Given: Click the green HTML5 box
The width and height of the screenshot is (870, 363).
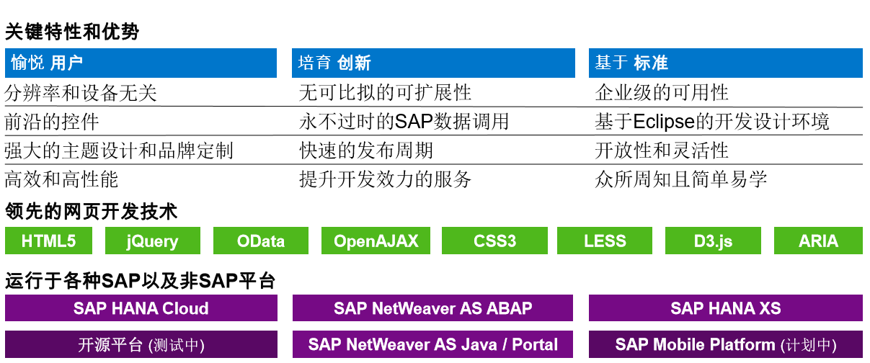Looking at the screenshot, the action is pyautogui.click(x=48, y=241).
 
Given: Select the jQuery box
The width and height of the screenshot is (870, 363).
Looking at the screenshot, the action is pyautogui.click(x=153, y=241).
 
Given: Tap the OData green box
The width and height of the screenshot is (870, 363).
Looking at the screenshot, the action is pyautogui.click(x=261, y=241).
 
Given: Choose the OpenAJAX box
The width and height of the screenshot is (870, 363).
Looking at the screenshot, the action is pyautogui.click(x=376, y=241).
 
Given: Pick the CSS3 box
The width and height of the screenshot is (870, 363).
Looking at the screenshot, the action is pyautogui.click(x=494, y=241).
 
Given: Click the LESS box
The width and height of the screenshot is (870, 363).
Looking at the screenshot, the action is pyautogui.click(x=604, y=241).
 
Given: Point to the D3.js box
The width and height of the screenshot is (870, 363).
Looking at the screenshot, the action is pyautogui.click(x=713, y=241).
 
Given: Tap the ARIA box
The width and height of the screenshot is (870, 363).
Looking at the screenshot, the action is pyautogui.click(x=818, y=241).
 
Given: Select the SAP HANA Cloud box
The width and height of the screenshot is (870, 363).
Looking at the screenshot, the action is pyautogui.click(x=141, y=308).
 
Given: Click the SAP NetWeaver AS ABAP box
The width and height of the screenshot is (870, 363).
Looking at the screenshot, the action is pyautogui.click(x=432, y=308).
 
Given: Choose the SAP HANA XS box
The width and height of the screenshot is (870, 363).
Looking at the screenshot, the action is pyautogui.click(x=726, y=308).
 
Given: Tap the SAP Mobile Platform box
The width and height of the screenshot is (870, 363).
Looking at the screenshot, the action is pyautogui.click(x=726, y=344).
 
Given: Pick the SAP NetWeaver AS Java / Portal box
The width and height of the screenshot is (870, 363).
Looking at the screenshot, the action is pyautogui.click(x=432, y=344).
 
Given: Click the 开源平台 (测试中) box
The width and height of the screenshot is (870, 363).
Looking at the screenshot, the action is pyautogui.click(x=141, y=344).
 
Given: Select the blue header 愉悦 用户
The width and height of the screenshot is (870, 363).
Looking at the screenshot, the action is pyautogui.click(x=141, y=63).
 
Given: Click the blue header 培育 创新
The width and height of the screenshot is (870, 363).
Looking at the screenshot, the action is pyautogui.click(x=433, y=63).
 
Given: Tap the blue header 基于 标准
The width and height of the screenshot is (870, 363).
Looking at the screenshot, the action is pyautogui.click(x=726, y=63).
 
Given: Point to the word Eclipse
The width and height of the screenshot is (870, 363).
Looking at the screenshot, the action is pyautogui.click(x=664, y=122).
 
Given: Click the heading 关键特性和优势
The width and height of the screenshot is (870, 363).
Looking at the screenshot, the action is pyautogui.click(x=72, y=32).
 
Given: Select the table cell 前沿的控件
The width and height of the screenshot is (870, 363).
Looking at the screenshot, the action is pyautogui.click(x=52, y=122).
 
